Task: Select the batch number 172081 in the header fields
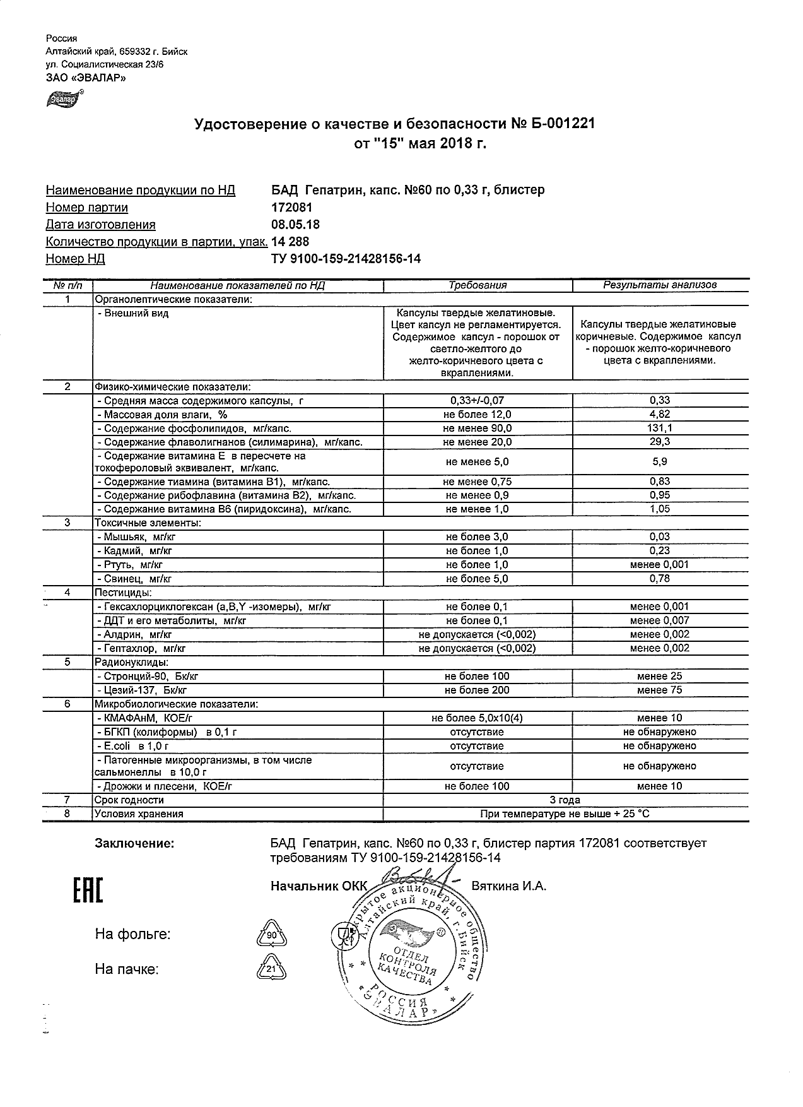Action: coord(291,208)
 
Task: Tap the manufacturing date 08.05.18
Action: coord(295,225)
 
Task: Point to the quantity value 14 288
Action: coord(290,242)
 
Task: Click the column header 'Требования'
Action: coord(478,285)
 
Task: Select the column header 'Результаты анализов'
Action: coord(660,285)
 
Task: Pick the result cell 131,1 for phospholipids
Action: coord(660,429)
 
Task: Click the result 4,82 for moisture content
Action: coord(660,415)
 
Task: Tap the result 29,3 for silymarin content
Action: coord(660,442)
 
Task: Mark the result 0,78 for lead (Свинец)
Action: coord(660,579)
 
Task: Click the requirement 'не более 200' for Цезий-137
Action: coord(477,690)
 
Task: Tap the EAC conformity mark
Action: coord(85,890)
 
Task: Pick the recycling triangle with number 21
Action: coord(271,969)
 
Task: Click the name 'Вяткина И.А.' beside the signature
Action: coord(509,886)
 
